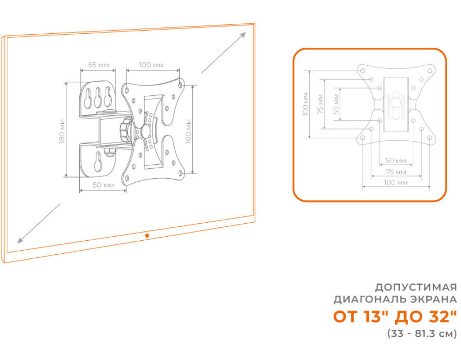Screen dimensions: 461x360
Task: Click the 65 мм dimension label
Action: click(x=99, y=65)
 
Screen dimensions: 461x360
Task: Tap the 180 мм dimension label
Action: click(x=62, y=131)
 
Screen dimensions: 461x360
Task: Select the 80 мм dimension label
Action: click(x=103, y=185)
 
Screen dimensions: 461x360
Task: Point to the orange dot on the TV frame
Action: click(x=147, y=235)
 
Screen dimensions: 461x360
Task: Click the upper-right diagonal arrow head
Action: click(x=243, y=35)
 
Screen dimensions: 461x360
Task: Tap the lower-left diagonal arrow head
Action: click(x=20, y=240)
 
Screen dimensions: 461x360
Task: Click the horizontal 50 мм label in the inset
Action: click(x=396, y=161)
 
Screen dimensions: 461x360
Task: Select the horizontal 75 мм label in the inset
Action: click(x=396, y=171)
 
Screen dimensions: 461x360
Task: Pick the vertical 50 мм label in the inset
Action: click(x=336, y=104)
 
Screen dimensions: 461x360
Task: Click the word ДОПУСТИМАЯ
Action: click(x=416, y=287)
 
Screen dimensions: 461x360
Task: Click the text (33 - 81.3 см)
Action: click(x=422, y=334)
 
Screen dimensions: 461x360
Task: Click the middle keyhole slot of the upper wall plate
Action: click(x=98, y=97)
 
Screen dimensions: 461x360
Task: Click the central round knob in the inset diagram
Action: click(x=395, y=103)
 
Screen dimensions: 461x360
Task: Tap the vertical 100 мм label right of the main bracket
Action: click(x=189, y=131)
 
